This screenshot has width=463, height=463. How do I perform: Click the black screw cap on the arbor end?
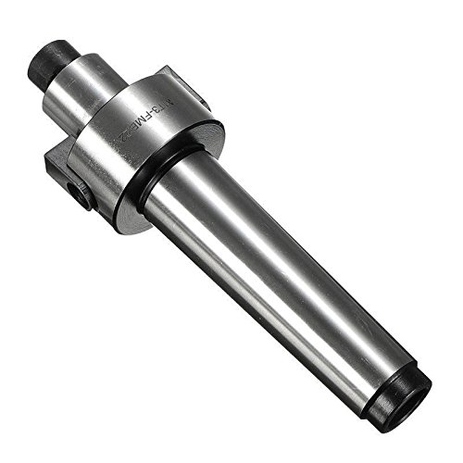click(52, 59)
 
